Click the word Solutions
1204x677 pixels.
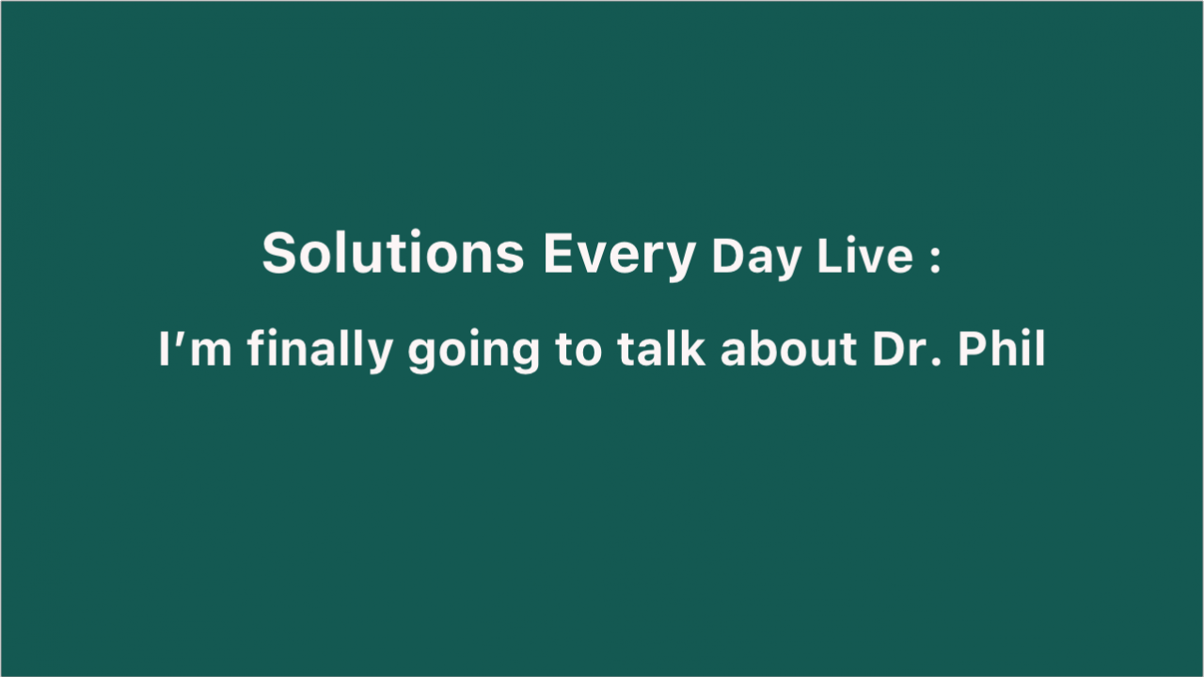393,253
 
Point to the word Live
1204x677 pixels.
864,256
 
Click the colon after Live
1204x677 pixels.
935,260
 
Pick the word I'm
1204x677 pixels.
195,349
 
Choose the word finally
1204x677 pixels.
320,351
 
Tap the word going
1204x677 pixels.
473,352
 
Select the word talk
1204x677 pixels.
661,349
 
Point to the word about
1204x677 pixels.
788,349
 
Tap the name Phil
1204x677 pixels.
1002,349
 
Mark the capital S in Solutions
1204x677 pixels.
279,253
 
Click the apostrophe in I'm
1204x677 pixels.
177,338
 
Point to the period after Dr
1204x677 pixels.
936,362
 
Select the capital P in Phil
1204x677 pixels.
973,350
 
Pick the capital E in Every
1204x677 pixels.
559,253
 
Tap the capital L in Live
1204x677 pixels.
830,256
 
